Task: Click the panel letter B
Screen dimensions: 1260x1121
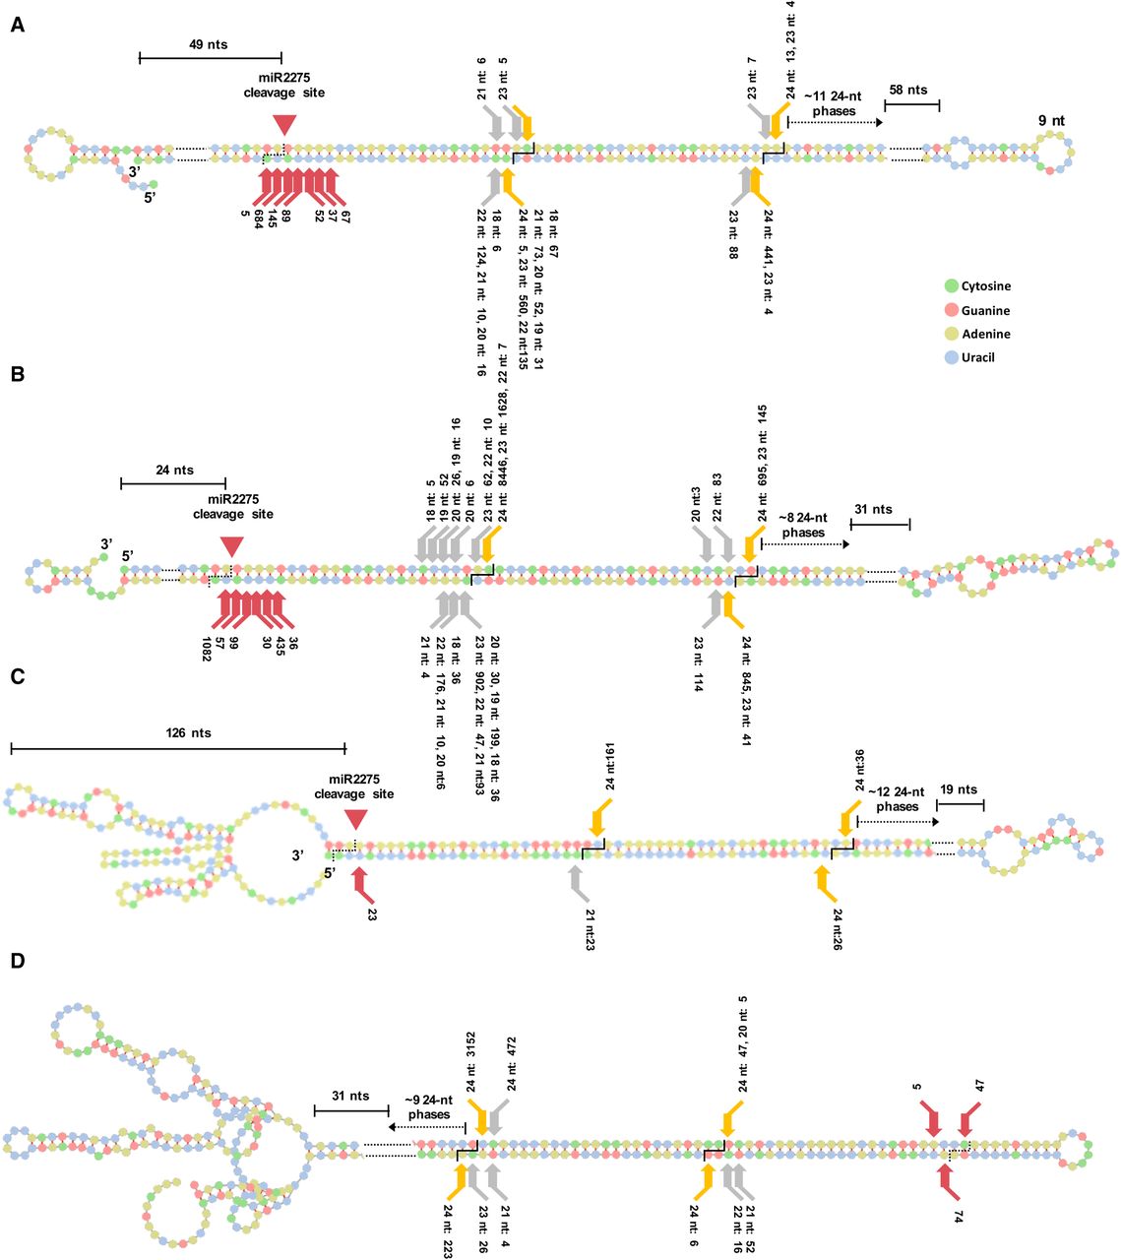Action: [18, 375]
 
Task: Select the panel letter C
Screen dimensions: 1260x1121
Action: [18, 677]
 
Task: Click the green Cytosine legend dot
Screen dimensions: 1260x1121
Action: [950, 286]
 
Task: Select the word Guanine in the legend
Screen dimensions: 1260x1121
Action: [986, 310]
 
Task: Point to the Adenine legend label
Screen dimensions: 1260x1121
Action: [985, 334]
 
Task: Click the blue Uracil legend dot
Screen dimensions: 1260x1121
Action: [950, 357]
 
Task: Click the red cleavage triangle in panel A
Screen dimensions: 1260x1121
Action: [284, 124]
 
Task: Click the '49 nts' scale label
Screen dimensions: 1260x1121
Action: [209, 44]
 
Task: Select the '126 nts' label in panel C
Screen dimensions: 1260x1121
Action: [188, 732]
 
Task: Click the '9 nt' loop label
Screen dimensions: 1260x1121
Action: [1051, 121]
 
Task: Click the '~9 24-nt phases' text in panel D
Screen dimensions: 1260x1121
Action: [430, 1106]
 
